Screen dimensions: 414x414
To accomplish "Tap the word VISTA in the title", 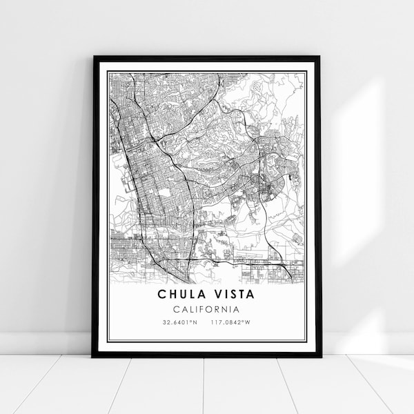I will pyautogui.click(x=235, y=295).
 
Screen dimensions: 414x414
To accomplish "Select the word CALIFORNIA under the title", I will pyautogui.click(x=207, y=309).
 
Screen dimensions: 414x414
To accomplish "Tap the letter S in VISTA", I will pyautogui.click(x=230, y=295).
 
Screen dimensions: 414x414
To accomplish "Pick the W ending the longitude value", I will pyautogui.click(x=250, y=322).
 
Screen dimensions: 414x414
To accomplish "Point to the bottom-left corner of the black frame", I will pyautogui.click(x=93, y=356).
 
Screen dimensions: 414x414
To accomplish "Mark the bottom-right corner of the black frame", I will pyautogui.click(x=321, y=356).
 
